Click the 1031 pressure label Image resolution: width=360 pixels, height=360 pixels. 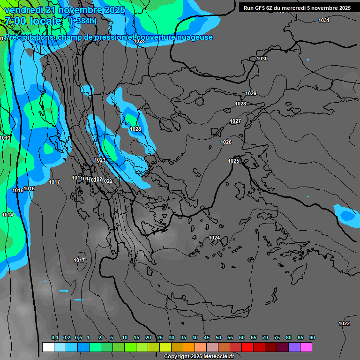(324, 20)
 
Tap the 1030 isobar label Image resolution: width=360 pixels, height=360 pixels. (262, 59)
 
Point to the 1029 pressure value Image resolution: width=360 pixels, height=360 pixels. (251, 93)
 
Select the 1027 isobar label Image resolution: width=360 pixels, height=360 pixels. (235, 121)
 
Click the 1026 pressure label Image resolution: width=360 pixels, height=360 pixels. (226, 142)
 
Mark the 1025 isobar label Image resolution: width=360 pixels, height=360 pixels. (233, 161)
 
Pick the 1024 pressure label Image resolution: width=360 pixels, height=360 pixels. (214, 238)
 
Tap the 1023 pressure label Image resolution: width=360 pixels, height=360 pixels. (100, 160)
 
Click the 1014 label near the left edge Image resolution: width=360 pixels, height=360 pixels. (7, 215)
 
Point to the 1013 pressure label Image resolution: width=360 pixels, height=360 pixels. (5, 138)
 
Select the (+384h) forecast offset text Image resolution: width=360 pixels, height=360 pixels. (83, 21)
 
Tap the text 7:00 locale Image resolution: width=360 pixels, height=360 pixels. (33, 21)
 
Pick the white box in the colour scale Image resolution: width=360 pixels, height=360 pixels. (48, 347)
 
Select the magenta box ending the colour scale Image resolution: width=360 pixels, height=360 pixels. (306, 347)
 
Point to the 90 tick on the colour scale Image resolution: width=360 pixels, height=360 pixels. (312, 338)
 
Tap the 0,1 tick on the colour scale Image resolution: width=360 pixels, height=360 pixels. (55, 338)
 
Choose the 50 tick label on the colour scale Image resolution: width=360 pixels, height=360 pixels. (218, 338)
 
